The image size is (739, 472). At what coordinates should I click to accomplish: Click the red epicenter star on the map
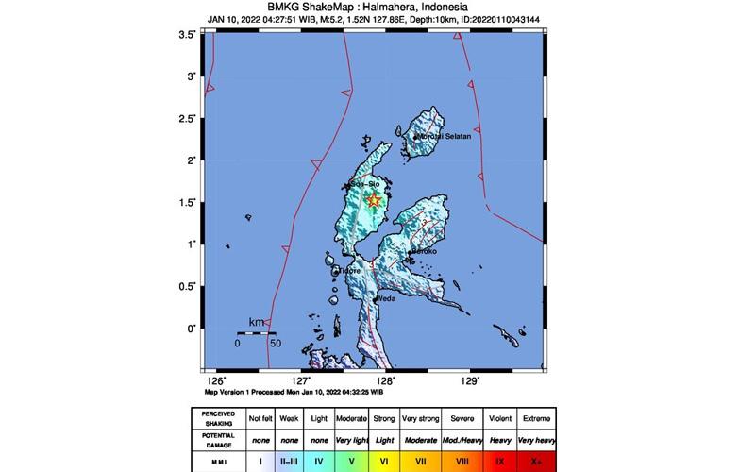click(x=374, y=199)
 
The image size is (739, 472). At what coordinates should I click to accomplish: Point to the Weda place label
click(x=385, y=299)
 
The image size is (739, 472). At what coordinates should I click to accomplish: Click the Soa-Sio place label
click(x=364, y=181)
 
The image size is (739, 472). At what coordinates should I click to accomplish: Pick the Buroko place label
click(x=424, y=252)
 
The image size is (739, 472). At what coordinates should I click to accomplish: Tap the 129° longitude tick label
click(x=470, y=381)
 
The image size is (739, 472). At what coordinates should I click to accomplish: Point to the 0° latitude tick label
click(x=192, y=329)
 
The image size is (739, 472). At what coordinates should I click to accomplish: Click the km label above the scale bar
click(x=256, y=323)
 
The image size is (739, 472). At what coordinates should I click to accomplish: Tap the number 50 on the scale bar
click(x=275, y=343)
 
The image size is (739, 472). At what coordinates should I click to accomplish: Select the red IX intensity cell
click(x=499, y=462)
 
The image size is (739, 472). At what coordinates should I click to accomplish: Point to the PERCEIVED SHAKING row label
click(x=216, y=417)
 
